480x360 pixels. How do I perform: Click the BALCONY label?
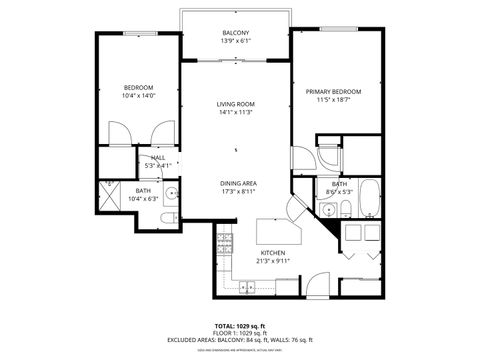tap(236, 33)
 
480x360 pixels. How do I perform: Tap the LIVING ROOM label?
tap(236, 103)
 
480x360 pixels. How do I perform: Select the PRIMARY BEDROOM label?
tap(333, 91)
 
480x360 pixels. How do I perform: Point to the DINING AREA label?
tap(239, 183)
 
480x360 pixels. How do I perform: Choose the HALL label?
tap(158, 157)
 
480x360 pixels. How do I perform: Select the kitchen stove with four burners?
tap(226, 241)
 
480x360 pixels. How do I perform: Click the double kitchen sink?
tap(247, 286)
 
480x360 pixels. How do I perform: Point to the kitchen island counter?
tap(275, 232)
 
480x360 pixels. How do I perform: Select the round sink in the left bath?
tap(171, 194)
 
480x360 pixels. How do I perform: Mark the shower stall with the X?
tap(112, 194)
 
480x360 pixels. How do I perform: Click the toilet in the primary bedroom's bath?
tap(344, 208)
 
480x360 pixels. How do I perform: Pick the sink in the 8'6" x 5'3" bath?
tap(328, 210)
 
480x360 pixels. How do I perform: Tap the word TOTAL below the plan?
tap(224, 326)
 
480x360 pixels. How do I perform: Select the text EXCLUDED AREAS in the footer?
tap(201, 340)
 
